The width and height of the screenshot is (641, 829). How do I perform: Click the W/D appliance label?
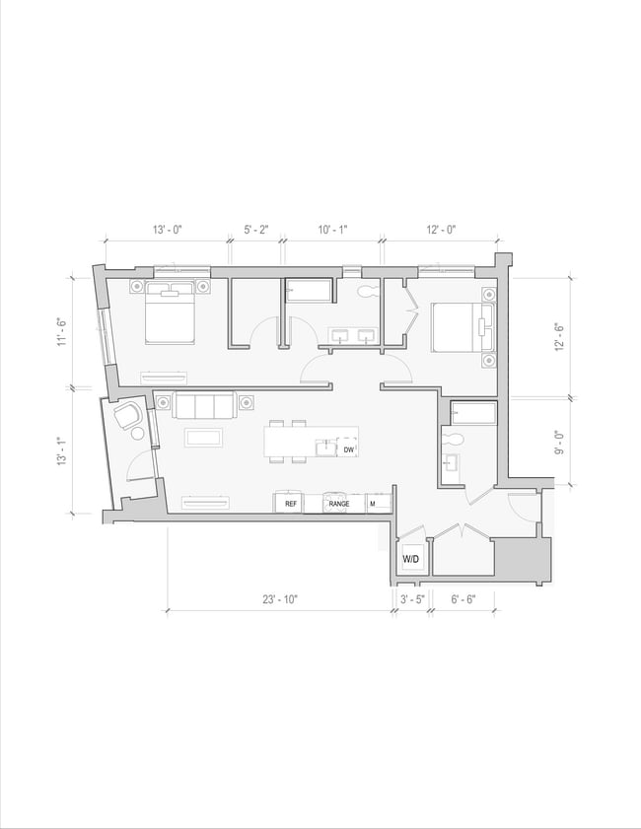click(411, 560)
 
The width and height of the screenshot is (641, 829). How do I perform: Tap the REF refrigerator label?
click(291, 504)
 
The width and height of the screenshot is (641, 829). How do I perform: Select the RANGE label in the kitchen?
click(339, 504)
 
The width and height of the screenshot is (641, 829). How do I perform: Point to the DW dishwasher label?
click(348, 449)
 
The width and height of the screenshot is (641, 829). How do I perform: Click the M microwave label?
click(373, 504)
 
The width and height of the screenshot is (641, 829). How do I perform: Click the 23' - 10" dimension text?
click(280, 598)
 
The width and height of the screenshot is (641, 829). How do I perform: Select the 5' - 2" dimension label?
click(256, 229)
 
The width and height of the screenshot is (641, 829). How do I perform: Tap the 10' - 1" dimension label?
click(332, 229)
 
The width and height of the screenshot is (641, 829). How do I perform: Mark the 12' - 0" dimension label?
click(441, 229)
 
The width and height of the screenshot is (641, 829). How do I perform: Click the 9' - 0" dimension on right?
click(559, 442)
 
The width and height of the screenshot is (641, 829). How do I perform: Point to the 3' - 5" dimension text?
click(411, 598)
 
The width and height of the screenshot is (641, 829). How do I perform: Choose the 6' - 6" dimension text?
click(463, 598)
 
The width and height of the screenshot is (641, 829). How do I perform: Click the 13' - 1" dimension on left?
click(61, 451)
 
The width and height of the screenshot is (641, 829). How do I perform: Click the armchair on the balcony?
click(127, 417)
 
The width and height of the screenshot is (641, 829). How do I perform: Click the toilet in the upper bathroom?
click(369, 292)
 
